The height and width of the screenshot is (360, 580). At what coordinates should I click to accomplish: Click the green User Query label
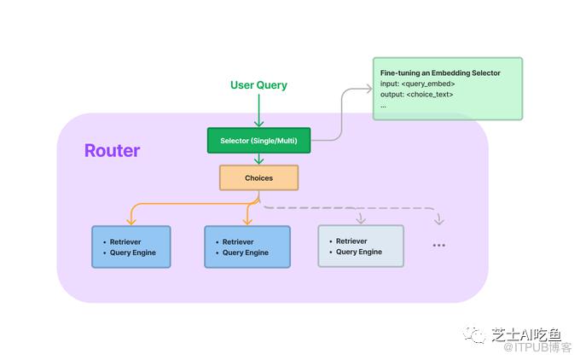point(258,85)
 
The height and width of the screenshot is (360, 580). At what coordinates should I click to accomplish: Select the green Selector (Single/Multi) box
point(259,141)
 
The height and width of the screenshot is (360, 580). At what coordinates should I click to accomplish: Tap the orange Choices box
point(259,178)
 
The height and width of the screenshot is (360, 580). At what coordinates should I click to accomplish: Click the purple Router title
point(112,151)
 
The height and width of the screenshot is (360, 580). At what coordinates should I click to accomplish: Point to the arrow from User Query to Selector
point(259,111)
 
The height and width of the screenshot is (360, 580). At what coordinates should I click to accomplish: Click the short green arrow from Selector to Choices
point(259,159)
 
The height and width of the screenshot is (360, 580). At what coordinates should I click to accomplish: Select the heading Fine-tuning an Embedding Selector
point(440,73)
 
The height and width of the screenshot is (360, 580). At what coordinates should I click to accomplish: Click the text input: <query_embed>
point(418,84)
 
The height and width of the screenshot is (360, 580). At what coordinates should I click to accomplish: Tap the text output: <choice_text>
point(416,95)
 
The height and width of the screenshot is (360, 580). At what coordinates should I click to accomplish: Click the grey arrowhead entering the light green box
point(369,89)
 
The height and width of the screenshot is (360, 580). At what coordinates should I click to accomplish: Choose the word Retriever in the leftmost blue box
point(125,242)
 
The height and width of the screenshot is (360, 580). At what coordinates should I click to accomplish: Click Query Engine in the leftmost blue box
point(133,253)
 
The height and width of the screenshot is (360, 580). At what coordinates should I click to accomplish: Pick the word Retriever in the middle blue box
point(238,242)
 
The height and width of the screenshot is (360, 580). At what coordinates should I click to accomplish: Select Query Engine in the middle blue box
point(246,253)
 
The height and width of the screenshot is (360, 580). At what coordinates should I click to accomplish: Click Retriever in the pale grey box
point(351,241)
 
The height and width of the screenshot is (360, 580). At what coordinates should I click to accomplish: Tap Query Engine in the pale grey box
point(359,252)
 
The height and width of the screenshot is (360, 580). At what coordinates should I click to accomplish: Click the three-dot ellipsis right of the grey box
point(439,246)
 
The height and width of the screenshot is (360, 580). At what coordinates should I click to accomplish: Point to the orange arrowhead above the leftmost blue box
point(131,221)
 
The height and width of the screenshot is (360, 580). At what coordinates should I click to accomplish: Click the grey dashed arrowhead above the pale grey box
point(361,220)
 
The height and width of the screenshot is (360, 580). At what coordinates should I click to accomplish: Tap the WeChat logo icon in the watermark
point(474,335)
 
